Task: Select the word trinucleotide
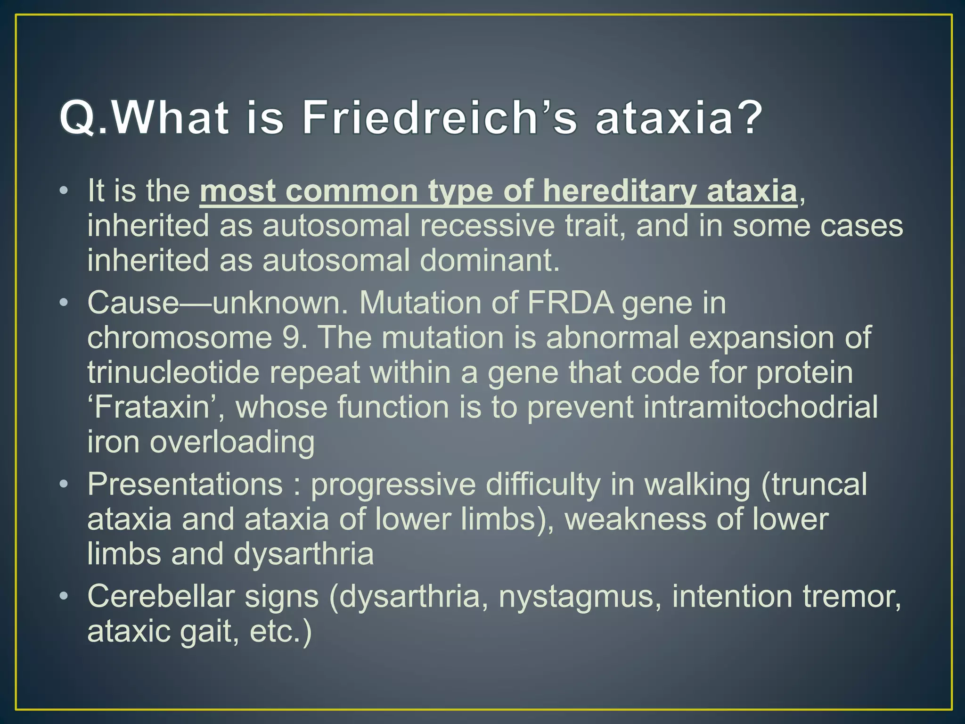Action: click(173, 372)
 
